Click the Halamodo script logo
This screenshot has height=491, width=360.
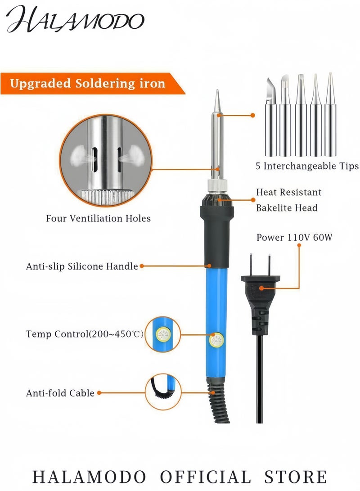[75, 19]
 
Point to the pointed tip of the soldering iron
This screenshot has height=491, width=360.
[217, 91]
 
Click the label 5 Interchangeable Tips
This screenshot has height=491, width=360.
[307, 166]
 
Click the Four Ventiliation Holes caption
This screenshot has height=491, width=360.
[98, 218]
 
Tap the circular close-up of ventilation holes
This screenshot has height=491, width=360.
[106, 160]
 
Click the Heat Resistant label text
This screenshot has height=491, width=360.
[288, 192]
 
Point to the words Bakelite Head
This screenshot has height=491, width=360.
[287, 207]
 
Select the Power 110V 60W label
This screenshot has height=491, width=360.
[294, 237]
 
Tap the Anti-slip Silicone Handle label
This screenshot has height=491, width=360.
[82, 266]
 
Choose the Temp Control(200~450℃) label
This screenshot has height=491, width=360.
[85, 334]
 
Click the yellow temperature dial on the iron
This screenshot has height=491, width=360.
[216, 341]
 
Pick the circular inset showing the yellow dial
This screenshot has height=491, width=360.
[163, 334]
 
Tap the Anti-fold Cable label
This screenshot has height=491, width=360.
[60, 393]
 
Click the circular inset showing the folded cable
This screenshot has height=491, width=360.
[163, 392]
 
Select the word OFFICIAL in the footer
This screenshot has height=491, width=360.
[205, 477]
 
